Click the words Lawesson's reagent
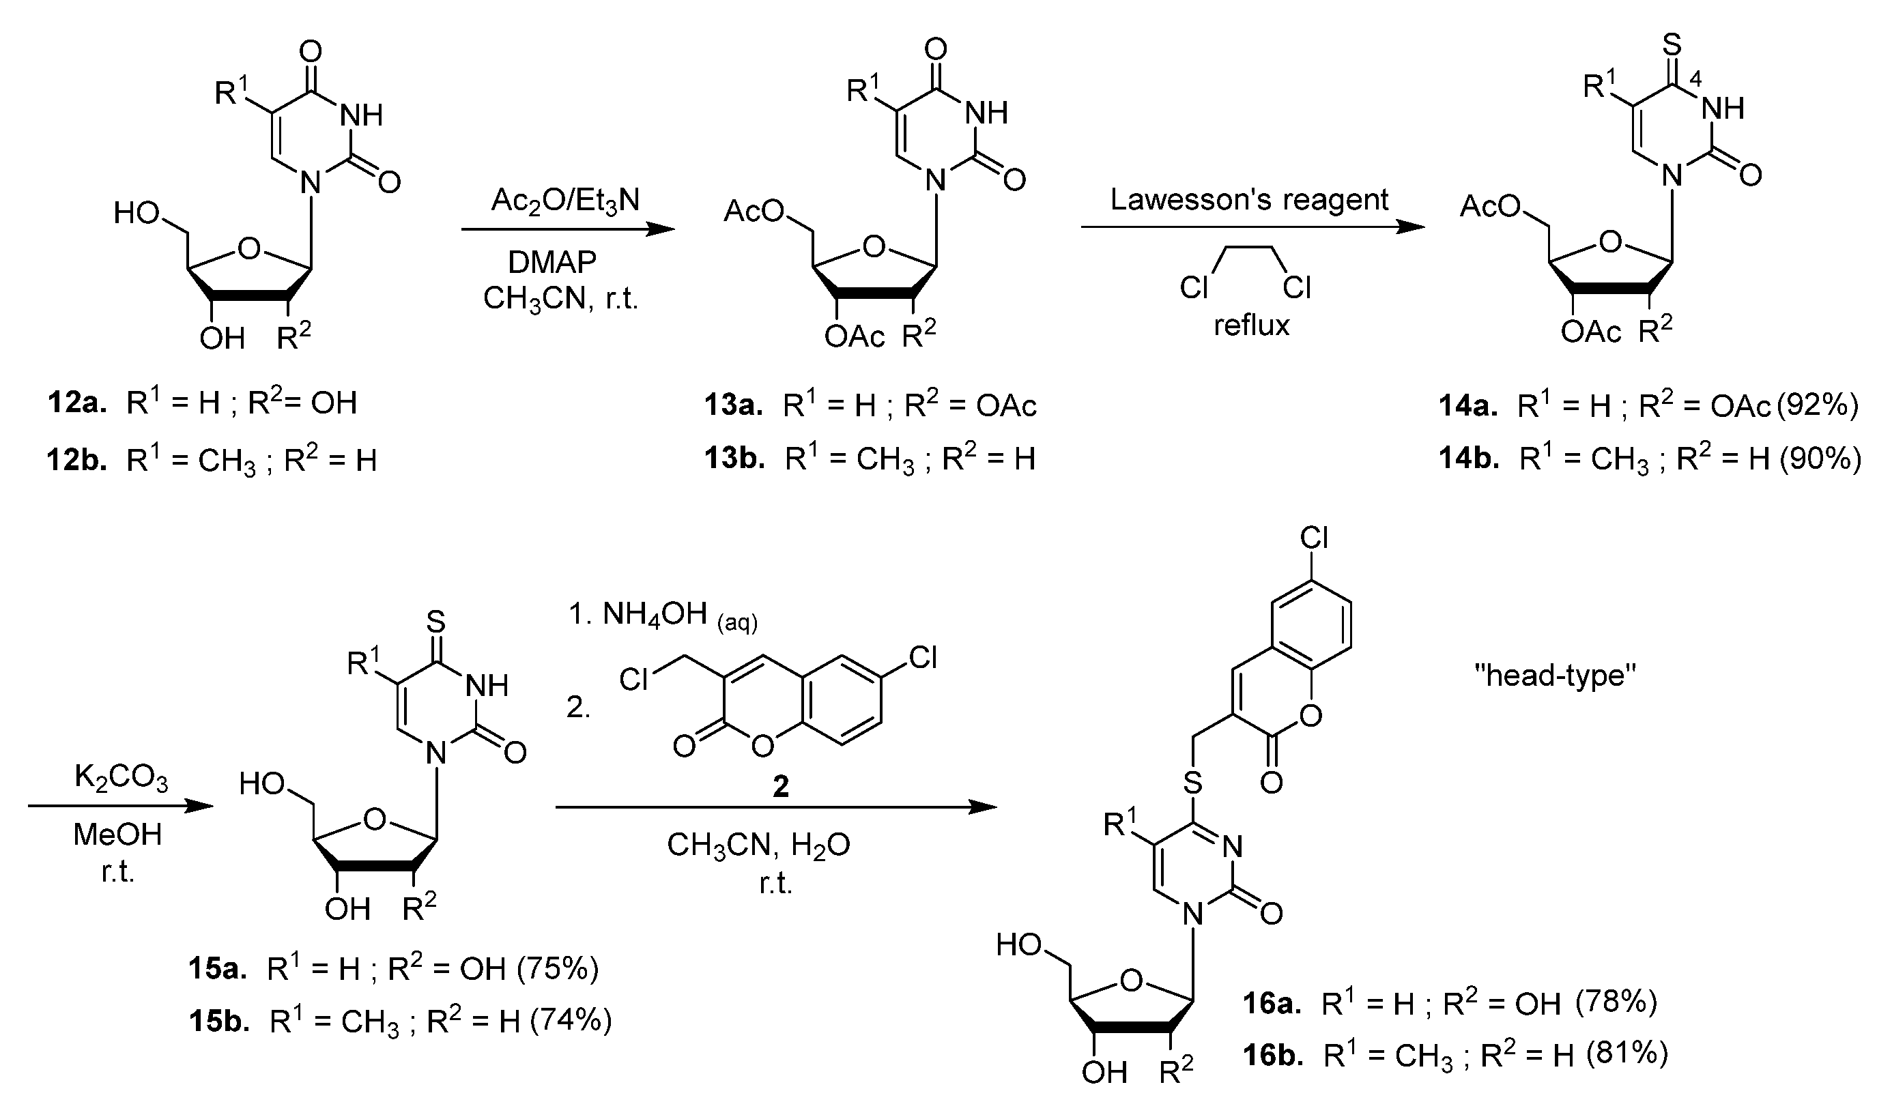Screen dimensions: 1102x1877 pos(1249,199)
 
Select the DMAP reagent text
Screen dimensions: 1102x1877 pos(552,262)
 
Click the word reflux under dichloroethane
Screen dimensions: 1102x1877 pos(1251,325)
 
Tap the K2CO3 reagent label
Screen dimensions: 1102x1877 pos(121,779)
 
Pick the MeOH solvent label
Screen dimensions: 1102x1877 pos(117,835)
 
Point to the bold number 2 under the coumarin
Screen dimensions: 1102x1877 pos(781,786)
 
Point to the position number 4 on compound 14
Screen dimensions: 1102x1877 pos(1696,81)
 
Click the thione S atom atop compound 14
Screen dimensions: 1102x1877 pos(1672,44)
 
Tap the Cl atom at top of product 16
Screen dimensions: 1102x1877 pos(1314,538)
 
